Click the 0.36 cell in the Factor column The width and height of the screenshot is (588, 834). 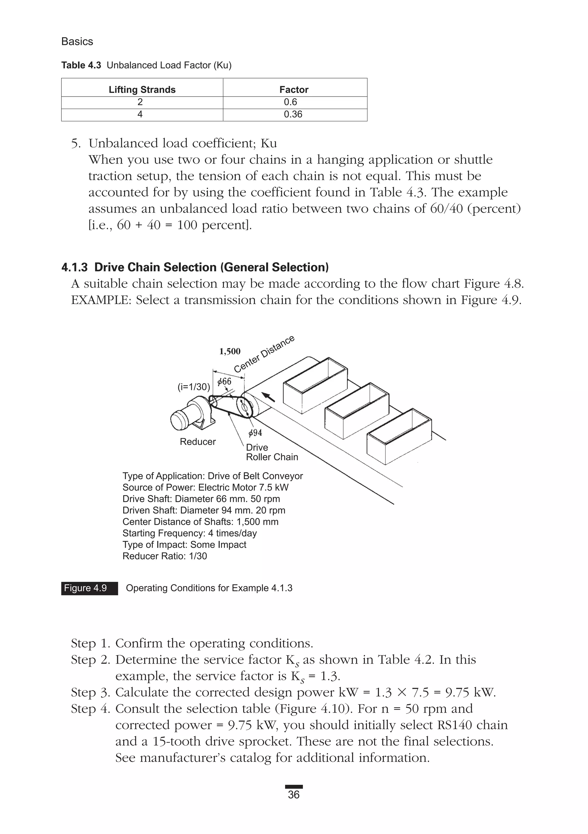[x=293, y=114]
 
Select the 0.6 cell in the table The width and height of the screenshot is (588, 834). [x=290, y=102]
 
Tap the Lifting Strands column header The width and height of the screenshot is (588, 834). [x=142, y=90]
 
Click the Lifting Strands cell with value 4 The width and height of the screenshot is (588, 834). [x=140, y=114]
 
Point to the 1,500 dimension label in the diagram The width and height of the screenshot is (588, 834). [x=230, y=351]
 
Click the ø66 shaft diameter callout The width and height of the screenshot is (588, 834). [x=224, y=381]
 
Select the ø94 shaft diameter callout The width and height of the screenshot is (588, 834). [x=255, y=433]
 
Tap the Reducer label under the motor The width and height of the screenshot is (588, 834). [x=198, y=442]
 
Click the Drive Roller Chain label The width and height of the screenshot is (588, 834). [x=272, y=452]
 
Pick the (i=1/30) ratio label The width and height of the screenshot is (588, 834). [x=194, y=387]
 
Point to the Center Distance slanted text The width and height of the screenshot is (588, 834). [x=264, y=354]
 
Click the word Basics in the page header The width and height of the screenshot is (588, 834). [x=77, y=41]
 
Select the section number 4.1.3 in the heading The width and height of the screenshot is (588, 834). [x=74, y=267]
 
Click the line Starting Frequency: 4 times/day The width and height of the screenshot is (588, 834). [x=189, y=533]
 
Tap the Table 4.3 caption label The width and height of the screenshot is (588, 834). [x=81, y=66]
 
